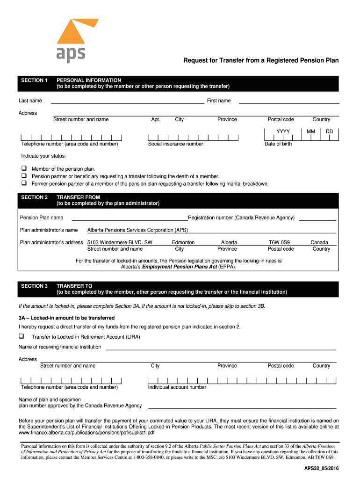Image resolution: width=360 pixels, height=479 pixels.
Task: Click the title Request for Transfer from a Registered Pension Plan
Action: [260, 60]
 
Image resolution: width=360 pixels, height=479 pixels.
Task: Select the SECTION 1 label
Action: [35, 80]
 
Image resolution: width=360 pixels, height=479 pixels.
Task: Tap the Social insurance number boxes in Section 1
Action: [193, 138]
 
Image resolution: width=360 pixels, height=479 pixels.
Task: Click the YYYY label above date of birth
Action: [283, 131]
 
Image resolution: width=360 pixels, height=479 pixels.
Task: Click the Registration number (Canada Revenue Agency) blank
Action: [317, 218]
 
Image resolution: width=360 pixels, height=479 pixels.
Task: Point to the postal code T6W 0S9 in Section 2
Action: [280, 242]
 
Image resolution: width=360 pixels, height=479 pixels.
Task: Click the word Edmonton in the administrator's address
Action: [183, 242]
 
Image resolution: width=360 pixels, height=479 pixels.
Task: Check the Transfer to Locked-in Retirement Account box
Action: [22, 336]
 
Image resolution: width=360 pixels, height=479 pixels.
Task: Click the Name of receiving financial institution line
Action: [221, 348]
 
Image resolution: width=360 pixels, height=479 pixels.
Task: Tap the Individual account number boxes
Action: [241, 381]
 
